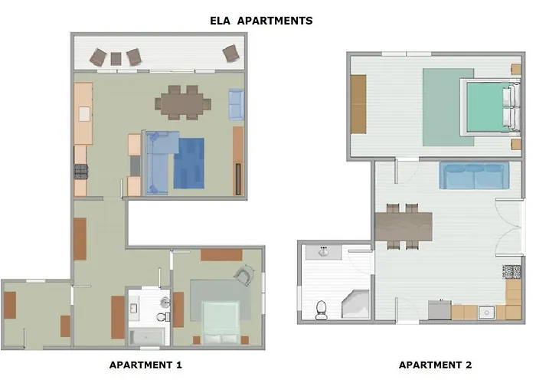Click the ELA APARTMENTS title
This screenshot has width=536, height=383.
click(x=261, y=21)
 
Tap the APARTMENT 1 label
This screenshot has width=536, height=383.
click(x=145, y=365)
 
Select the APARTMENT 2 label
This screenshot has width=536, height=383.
click(x=435, y=365)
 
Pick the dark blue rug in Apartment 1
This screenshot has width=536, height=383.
click(x=188, y=163)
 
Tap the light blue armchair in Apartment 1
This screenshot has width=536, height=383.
click(x=236, y=104)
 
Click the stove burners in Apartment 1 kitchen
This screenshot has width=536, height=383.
click(x=81, y=172)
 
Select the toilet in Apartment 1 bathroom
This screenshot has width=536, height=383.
click(x=163, y=316)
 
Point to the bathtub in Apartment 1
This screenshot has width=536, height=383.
click(x=147, y=337)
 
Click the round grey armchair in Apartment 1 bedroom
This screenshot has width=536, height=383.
click(x=244, y=275)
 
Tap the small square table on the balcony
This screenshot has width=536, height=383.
click(x=116, y=59)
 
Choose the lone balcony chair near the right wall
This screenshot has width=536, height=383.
click(x=231, y=54)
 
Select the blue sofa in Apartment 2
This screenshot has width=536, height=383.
click(x=474, y=175)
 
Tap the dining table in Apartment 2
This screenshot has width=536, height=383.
click(x=404, y=227)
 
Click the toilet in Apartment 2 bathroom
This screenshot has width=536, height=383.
click(x=322, y=310)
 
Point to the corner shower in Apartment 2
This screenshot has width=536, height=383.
click(x=356, y=304)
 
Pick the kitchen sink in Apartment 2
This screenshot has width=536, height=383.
click(x=486, y=313)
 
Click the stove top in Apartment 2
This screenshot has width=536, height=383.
click(x=511, y=272)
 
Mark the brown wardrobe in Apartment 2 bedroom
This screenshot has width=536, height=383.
click(x=358, y=104)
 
